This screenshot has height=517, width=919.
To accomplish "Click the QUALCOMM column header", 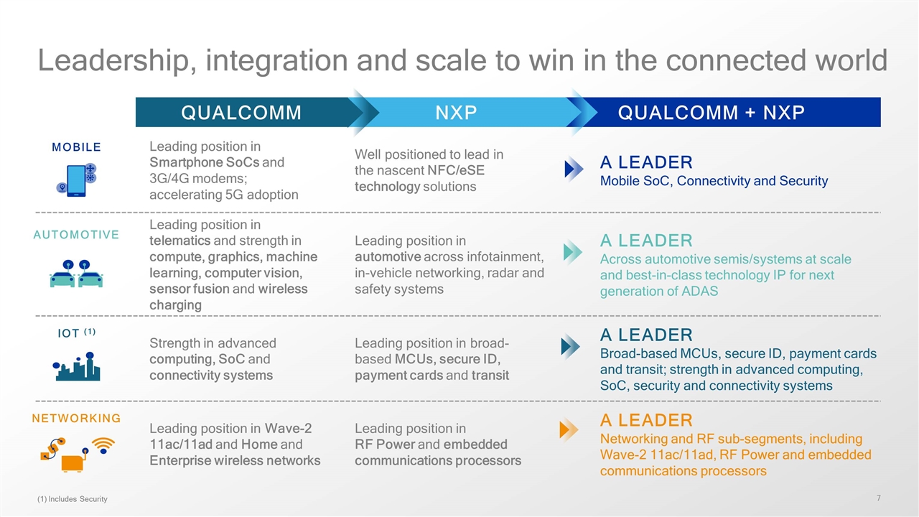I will [x=241, y=113].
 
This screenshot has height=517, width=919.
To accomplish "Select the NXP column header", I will [x=456, y=113].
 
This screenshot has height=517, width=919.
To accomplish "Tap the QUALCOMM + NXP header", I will [x=711, y=113].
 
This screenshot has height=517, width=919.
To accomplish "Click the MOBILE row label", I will [x=76, y=147].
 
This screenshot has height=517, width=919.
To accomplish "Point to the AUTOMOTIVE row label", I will [x=76, y=235].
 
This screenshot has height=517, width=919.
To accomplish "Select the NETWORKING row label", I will [x=76, y=418].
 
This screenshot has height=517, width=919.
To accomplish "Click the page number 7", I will [x=879, y=498].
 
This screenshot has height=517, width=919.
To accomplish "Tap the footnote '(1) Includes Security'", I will [x=72, y=499].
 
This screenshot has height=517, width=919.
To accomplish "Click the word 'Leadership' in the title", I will [x=110, y=61].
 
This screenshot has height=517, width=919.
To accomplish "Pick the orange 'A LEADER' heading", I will [x=646, y=420].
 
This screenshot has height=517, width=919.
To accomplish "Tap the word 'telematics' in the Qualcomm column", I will [x=179, y=241].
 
